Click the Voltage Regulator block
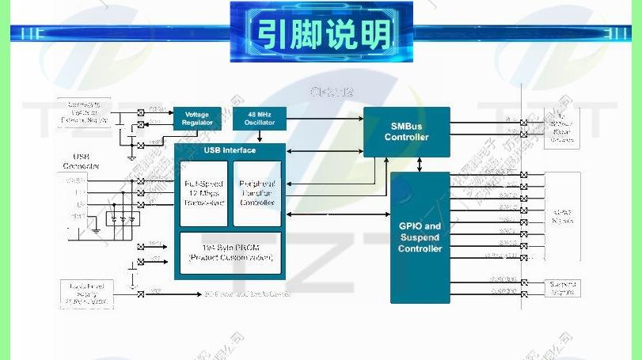[x=197, y=119]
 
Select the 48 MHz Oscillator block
[x=260, y=119]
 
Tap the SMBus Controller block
[x=407, y=132]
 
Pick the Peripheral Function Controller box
[x=257, y=192]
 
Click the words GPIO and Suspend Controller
[x=420, y=237]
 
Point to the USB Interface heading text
[x=230, y=150]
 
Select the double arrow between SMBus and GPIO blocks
[x=420, y=164]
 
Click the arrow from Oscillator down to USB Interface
[x=260, y=137]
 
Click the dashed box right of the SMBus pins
[x=562, y=129]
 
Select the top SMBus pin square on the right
[x=523, y=122]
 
